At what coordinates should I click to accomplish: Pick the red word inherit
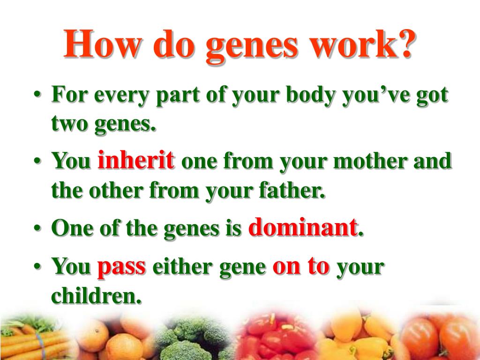tap(136, 161)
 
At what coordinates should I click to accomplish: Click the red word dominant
tap(303, 228)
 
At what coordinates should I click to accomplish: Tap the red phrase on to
tap(301, 266)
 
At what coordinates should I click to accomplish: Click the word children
tap(96, 295)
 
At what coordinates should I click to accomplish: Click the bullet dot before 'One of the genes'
tap(37, 230)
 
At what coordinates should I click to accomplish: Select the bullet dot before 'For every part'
tap(37, 97)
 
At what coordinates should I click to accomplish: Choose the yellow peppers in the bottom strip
tap(356, 335)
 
